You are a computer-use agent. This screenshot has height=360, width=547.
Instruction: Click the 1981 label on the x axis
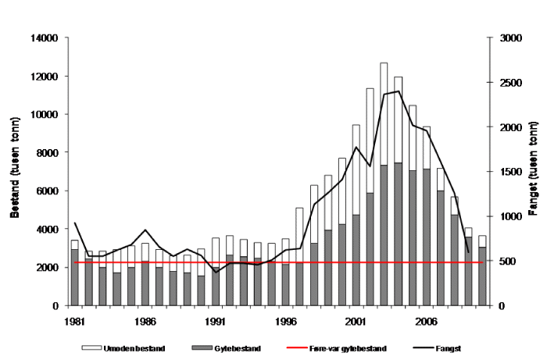74,320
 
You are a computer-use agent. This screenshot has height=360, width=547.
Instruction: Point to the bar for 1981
74,273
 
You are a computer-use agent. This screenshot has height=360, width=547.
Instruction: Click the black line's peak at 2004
399,91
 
